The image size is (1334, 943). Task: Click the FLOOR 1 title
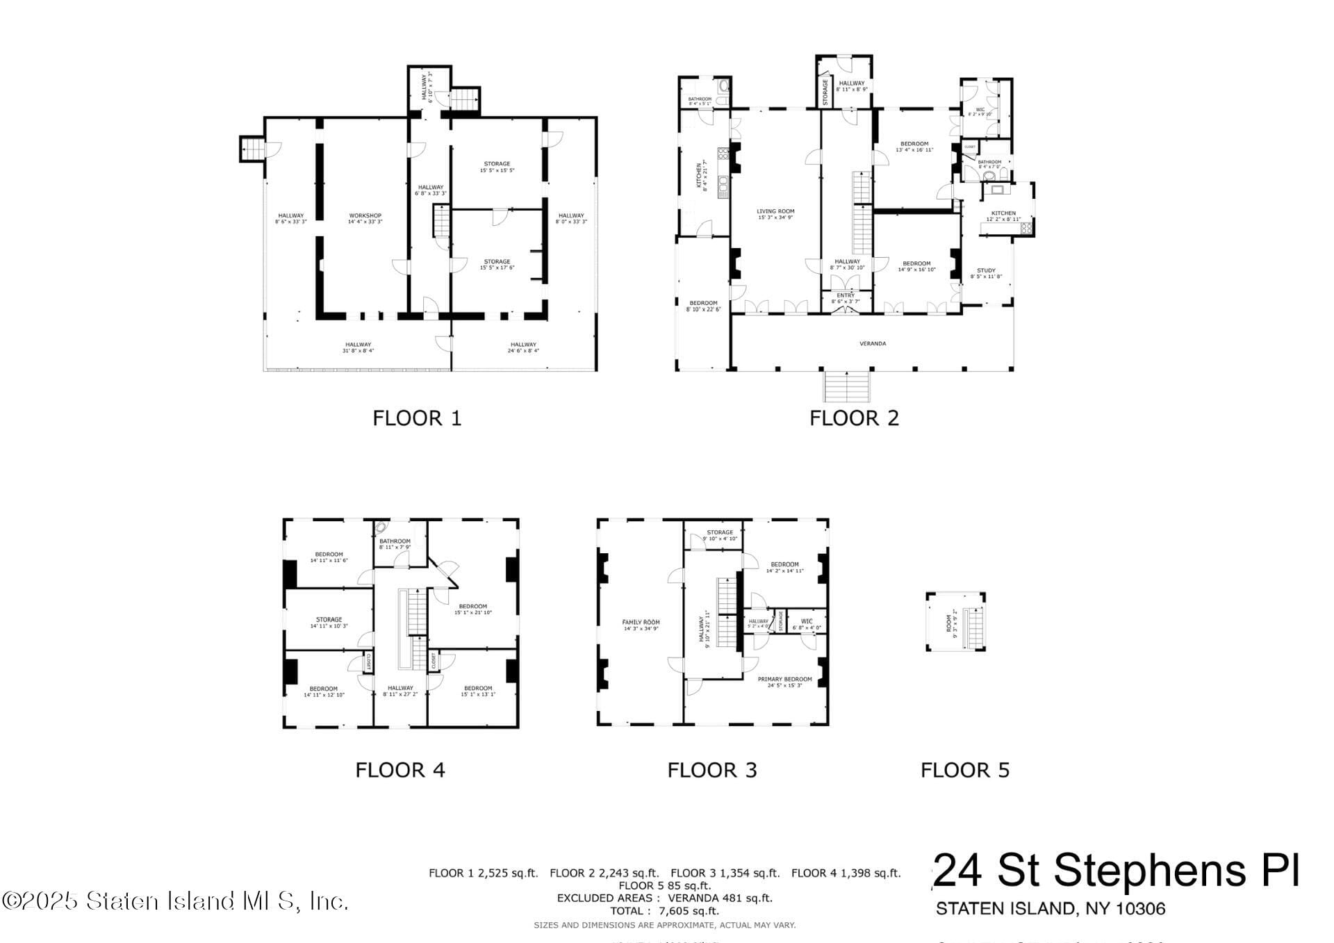pyautogui.click(x=417, y=418)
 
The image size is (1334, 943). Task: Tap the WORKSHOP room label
pyautogui.click(x=365, y=215)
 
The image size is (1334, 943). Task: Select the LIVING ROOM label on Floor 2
pyautogui.click(x=775, y=211)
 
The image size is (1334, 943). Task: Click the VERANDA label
pyautogui.click(x=873, y=343)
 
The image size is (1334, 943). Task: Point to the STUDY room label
pyautogui.click(x=986, y=270)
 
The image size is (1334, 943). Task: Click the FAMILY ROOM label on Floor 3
pyautogui.click(x=641, y=622)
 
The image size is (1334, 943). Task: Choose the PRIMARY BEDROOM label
pyautogui.click(x=784, y=679)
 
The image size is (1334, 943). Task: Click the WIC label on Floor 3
pyautogui.click(x=807, y=621)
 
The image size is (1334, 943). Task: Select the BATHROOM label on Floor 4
pyautogui.click(x=395, y=541)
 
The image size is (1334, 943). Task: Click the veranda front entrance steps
pyautogui.click(x=847, y=386)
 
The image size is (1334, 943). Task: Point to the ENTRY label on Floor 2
pyautogui.click(x=846, y=295)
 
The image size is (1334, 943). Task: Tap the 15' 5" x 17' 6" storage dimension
pyautogui.click(x=497, y=268)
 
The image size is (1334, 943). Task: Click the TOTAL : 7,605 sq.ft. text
pyautogui.click(x=665, y=911)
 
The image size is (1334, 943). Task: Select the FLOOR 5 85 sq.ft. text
pyautogui.click(x=665, y=885)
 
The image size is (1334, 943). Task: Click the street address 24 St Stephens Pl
pyautogui.click(x=1116, y=871)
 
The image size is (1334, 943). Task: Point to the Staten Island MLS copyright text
pyautogui.click(x=175, y=901)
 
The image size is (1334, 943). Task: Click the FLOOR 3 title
pyautogui.click(x=711, y=770)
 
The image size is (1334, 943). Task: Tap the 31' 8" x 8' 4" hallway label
pyautogui.click(x=358, y=351)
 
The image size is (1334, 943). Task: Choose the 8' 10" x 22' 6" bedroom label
pyautogui.click(x=703, y=309)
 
